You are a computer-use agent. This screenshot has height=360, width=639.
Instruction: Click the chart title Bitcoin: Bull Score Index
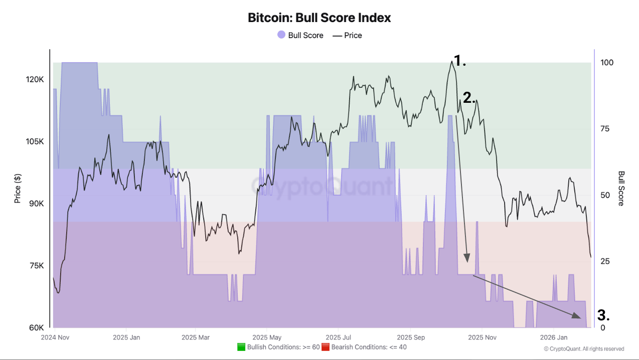319,18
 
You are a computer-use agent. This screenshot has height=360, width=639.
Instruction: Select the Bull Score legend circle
281,35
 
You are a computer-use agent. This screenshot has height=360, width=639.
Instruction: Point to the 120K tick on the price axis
35,80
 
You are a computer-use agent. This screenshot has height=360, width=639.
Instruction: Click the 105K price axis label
35,142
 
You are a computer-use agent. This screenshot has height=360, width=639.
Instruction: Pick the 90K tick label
36,204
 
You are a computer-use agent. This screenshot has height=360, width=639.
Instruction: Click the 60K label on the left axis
36,327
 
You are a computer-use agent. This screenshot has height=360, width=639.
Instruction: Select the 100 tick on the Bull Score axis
607,63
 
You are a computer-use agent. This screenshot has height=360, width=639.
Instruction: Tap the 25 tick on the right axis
605,261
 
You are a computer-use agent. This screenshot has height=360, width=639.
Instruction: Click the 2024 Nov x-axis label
55,337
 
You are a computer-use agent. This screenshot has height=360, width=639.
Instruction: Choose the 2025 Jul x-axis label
338,337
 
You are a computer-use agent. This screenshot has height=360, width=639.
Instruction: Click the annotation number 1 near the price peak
459,61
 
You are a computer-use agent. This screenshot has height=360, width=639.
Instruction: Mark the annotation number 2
469,98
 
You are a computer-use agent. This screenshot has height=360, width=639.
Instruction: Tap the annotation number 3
603,315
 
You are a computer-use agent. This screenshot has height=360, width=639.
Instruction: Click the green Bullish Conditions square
241,347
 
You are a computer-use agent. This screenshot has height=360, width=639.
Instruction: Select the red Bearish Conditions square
326,347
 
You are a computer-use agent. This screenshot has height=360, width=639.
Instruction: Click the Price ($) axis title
18,189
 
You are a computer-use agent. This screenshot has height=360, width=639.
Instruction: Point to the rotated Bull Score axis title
621,189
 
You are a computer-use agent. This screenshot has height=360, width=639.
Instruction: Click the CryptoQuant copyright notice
584,349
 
